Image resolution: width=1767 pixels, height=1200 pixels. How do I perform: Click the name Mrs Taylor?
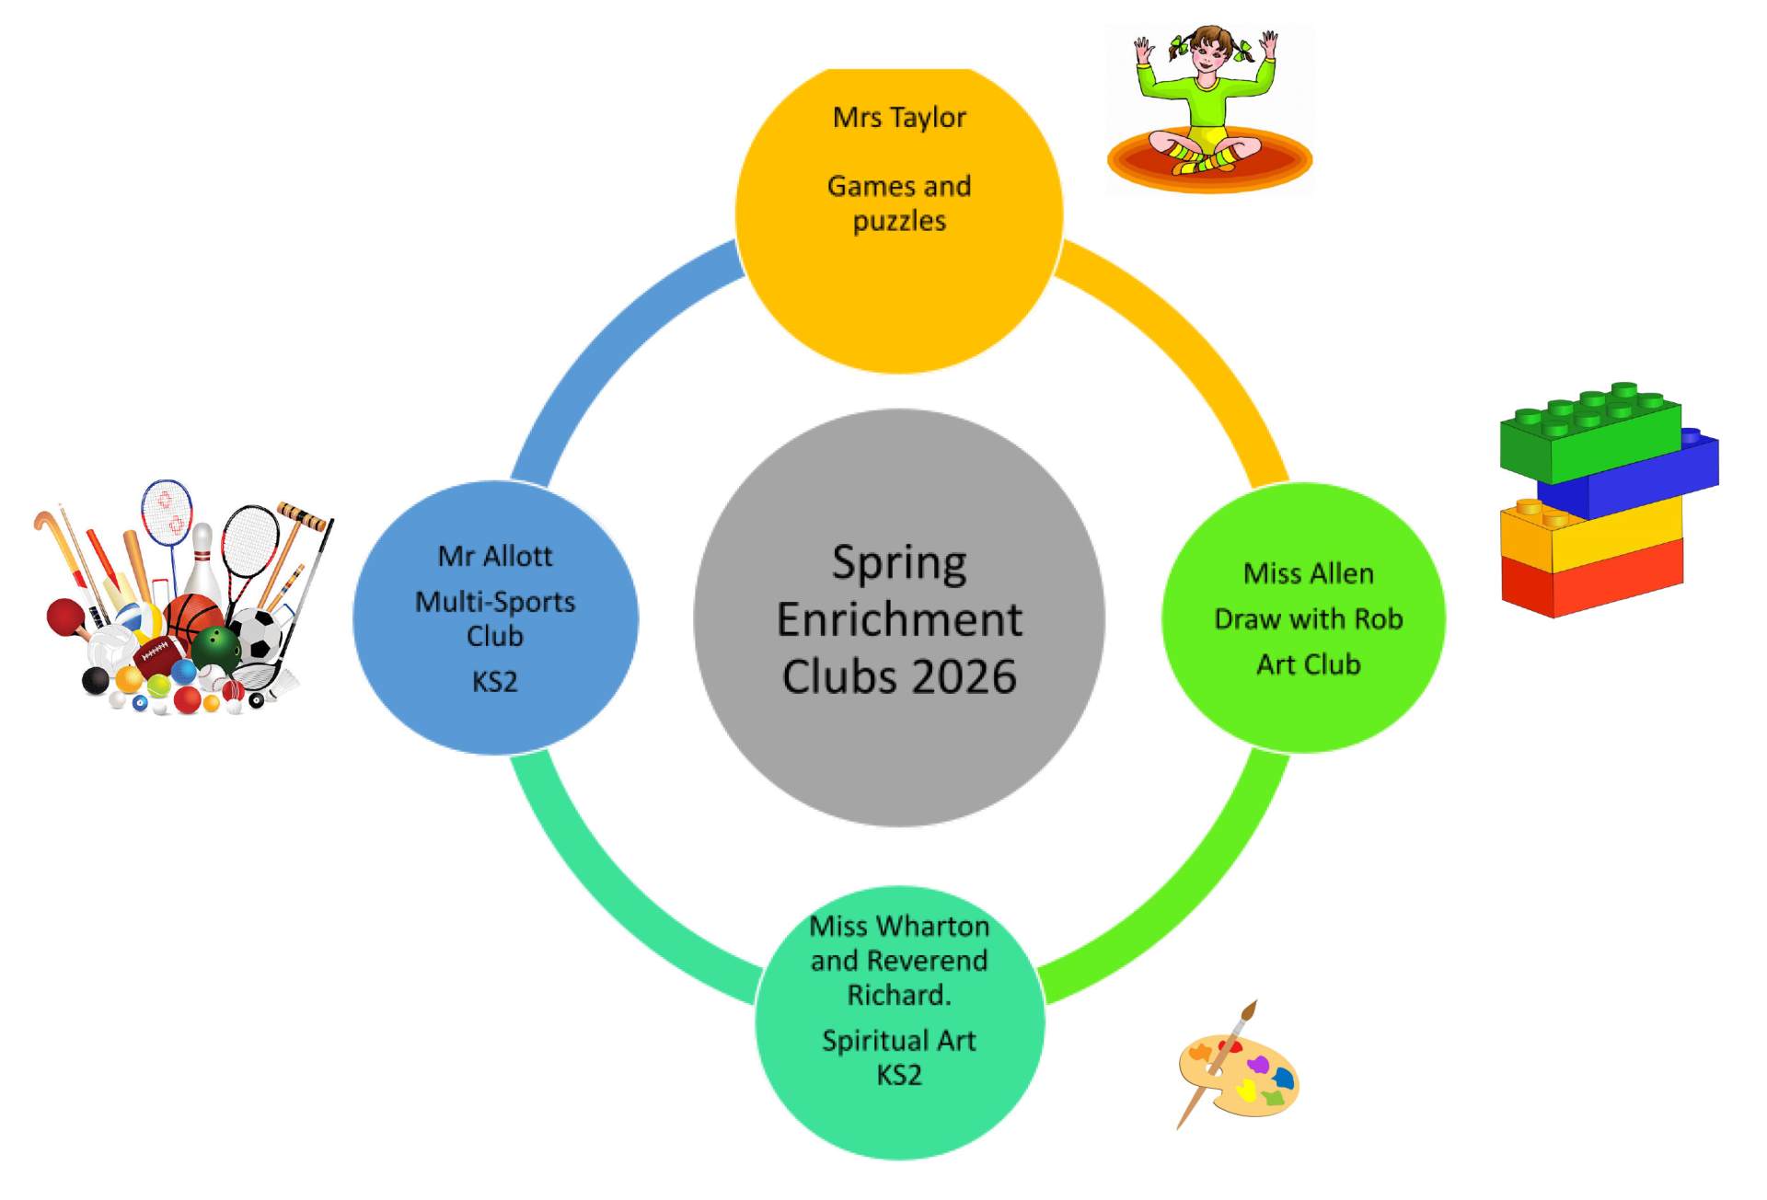click(898, 118)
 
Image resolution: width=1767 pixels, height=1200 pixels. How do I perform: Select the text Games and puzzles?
click(898, 203)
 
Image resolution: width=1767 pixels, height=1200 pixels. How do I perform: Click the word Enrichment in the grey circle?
click(898, 619)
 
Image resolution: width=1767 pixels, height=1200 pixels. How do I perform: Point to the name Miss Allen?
click(1308, 573)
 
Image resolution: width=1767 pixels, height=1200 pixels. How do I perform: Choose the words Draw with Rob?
click(1308, 618)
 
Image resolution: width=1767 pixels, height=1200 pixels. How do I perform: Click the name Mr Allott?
click(494, 556)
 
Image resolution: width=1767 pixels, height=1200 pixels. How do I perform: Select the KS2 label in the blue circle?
click(494, 682)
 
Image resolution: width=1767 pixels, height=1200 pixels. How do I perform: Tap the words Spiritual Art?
click(898, 1040)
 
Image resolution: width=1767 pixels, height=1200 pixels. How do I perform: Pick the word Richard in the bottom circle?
click(896, 995)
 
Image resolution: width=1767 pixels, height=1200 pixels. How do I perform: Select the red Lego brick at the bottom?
click(1592, 580)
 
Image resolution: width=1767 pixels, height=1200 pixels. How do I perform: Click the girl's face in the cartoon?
click(1206, 57)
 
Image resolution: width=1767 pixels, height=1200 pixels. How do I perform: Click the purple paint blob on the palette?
click(1257, 1066)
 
